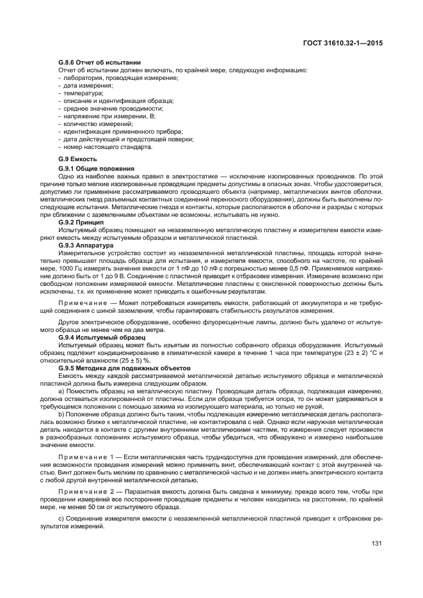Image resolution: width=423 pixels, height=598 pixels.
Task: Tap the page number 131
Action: coord(376,544)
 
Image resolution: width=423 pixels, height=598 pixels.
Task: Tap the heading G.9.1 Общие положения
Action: coord(91,168)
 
